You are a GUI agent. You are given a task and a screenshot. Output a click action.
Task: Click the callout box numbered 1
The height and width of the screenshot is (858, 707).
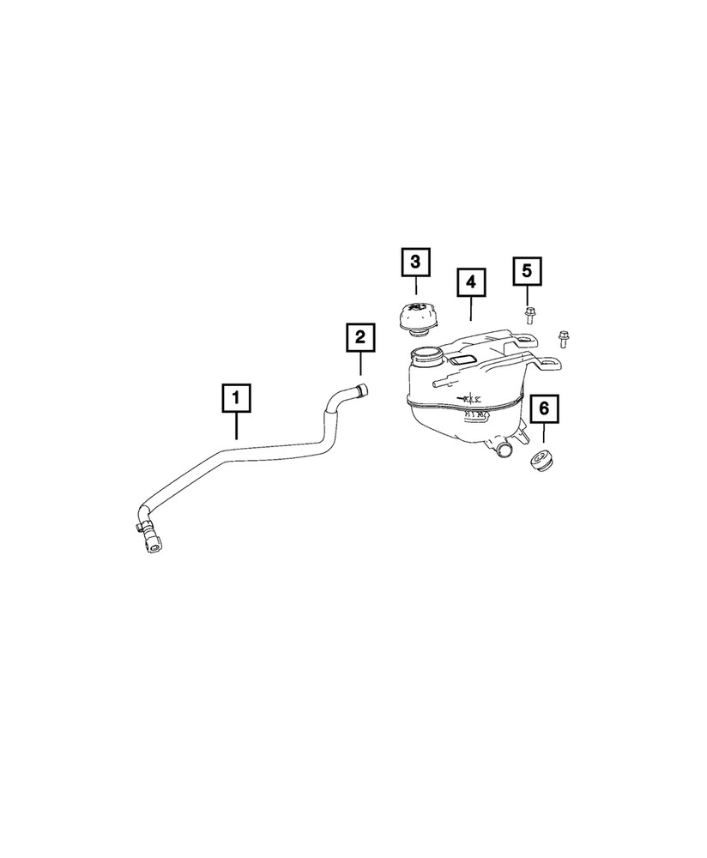point(235,399)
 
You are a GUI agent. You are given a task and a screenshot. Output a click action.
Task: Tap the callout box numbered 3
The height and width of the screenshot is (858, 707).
point(415,262)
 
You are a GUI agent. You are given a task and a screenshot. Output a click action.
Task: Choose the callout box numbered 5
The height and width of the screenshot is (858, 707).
point(527,271)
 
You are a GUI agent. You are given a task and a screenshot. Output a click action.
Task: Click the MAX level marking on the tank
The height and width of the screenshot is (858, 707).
point(471,398)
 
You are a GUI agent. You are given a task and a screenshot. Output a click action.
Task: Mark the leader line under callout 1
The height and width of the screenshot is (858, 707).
point(235,425)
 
